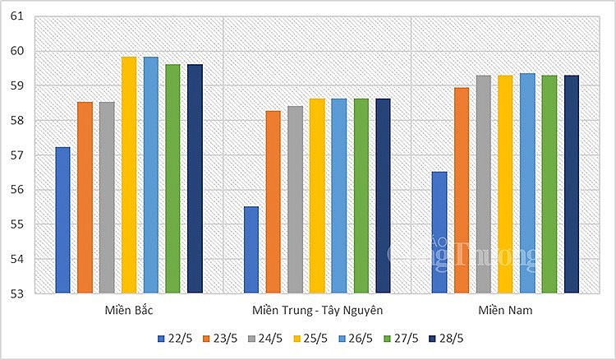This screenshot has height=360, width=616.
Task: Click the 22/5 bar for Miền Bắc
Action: tap(62, 219)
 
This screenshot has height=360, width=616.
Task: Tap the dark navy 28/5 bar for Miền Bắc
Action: tap(195, 178)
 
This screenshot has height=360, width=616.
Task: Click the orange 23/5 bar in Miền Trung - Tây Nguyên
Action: tap(273, 201)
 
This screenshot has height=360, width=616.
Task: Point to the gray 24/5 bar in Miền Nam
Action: tap(483, 184)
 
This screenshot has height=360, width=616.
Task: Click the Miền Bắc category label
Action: tap(129, 311)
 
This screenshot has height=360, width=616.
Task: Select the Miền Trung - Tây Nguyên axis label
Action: tap(317, 311)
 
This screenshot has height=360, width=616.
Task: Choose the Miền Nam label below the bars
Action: tap(505, 311)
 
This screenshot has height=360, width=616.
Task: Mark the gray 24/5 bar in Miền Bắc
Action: tap(107, 197)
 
